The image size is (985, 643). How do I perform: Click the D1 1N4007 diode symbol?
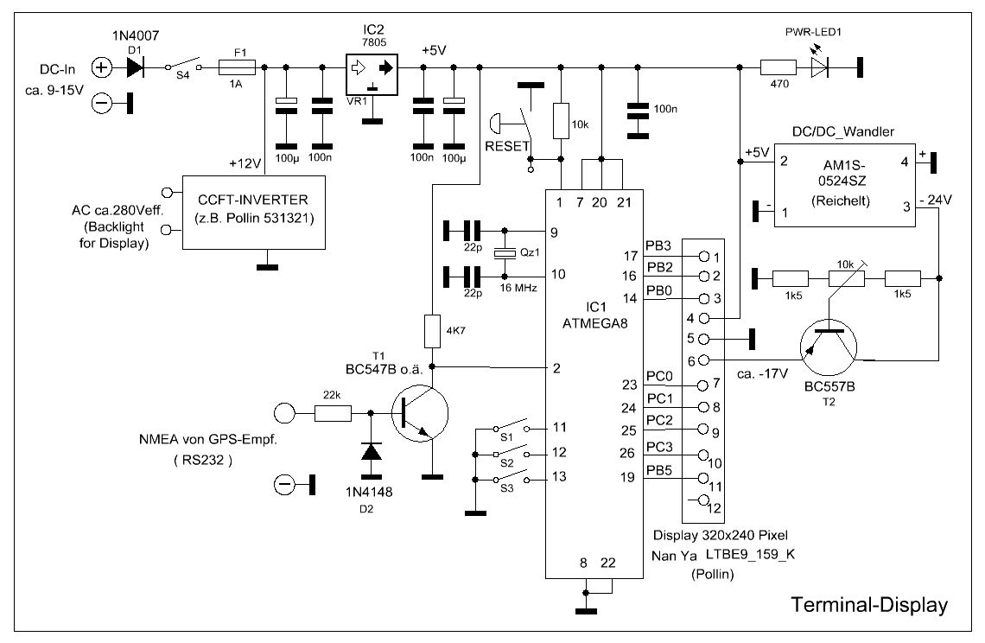pyautogui.click(x=135, y=67)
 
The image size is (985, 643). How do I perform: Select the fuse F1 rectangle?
pyautogui.click(x=237, y=67)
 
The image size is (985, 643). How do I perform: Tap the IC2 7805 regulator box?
pyautogui.click(x=372, y=75)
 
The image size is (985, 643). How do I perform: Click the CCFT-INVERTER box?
pyautogui.click(x=254, y=213)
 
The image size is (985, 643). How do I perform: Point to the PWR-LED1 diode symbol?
pyautogui.click(x=819, y=67)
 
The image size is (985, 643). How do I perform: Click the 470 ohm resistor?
pyautogui.click(x=778, y=67)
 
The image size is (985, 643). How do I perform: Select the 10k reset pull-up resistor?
pyautogui.click(x=561, y=121)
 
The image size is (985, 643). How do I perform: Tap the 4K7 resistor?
pyautogui.click(x=432, y=331)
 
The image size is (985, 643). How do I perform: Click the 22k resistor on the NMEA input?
pyautogui.click(x=333, y=413)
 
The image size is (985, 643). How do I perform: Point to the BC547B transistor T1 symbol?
pyautogui.click(x=420, y=414)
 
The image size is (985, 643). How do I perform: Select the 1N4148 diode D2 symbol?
pyautogui.click(x=371, y=452)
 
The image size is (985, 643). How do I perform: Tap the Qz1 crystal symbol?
pyautogui.click(x=505, y=253)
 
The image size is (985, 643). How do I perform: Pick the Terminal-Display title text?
pyautogui.click(x=868, y=605)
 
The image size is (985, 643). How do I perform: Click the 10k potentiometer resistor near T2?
pyautogui.click(x=846, y=277)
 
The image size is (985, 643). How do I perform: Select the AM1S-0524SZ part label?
pyautogui.click(x=843, y=174)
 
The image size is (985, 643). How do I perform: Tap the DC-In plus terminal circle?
pyautogui.click(x=102, y=67)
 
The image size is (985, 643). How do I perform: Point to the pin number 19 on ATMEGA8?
pyautogui.click(x=627, y=477)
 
